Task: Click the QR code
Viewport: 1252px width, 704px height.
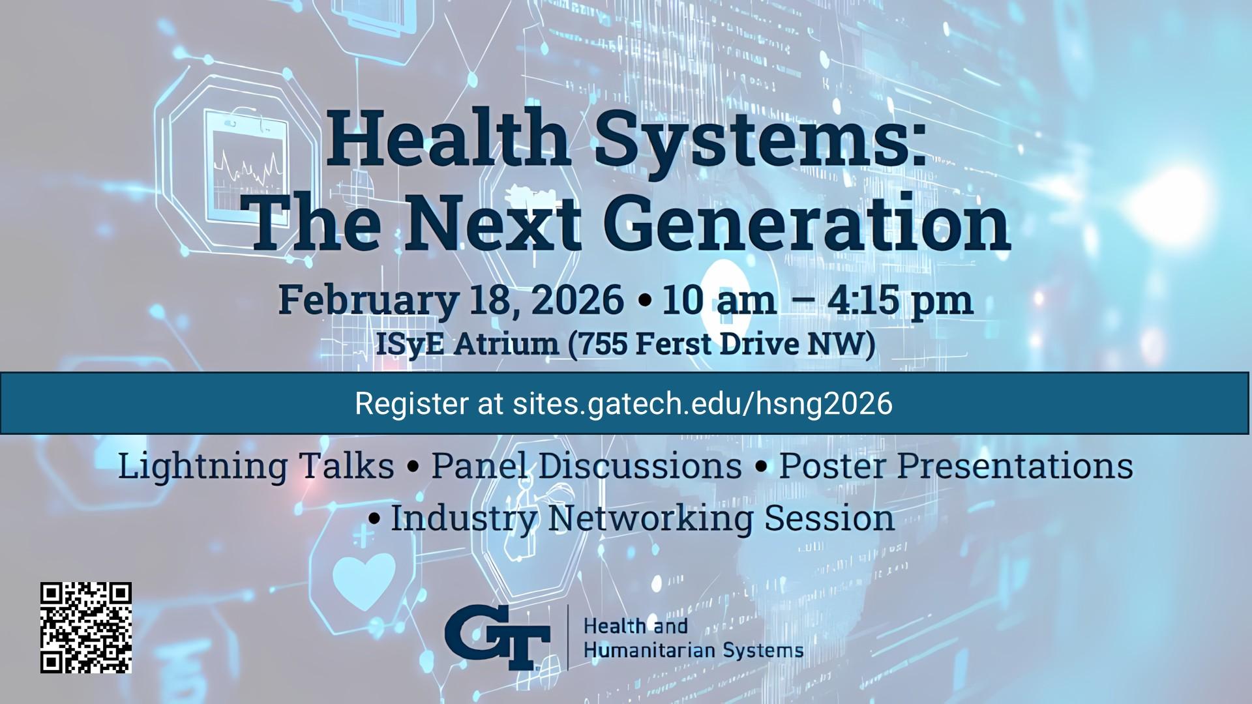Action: coord(86,627)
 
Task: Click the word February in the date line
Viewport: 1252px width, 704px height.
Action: coord(368,300)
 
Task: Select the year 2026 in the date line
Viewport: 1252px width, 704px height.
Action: coord(577,300)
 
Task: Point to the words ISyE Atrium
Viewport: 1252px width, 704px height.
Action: coord(467,344)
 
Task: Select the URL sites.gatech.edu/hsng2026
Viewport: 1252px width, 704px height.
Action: coord(702,403)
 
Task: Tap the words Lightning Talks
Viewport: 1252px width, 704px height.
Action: coord(256,465)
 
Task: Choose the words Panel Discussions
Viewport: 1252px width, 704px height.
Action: coord(586,465)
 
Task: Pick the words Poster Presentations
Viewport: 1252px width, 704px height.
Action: coord(956,465)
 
